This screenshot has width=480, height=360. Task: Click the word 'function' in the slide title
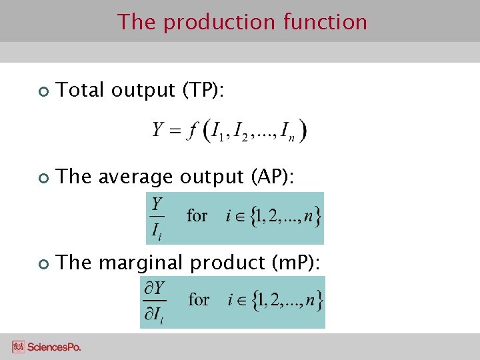[x=325, y=22]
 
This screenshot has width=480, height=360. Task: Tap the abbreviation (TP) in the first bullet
[x=203, y=90]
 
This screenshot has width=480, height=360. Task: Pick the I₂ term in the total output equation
[x=241, y=131]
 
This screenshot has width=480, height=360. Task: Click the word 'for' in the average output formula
[x=197, y=216]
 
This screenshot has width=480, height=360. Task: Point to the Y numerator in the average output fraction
[x=157, y=204]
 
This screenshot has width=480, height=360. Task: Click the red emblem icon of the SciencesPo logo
[x=18, y=347]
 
